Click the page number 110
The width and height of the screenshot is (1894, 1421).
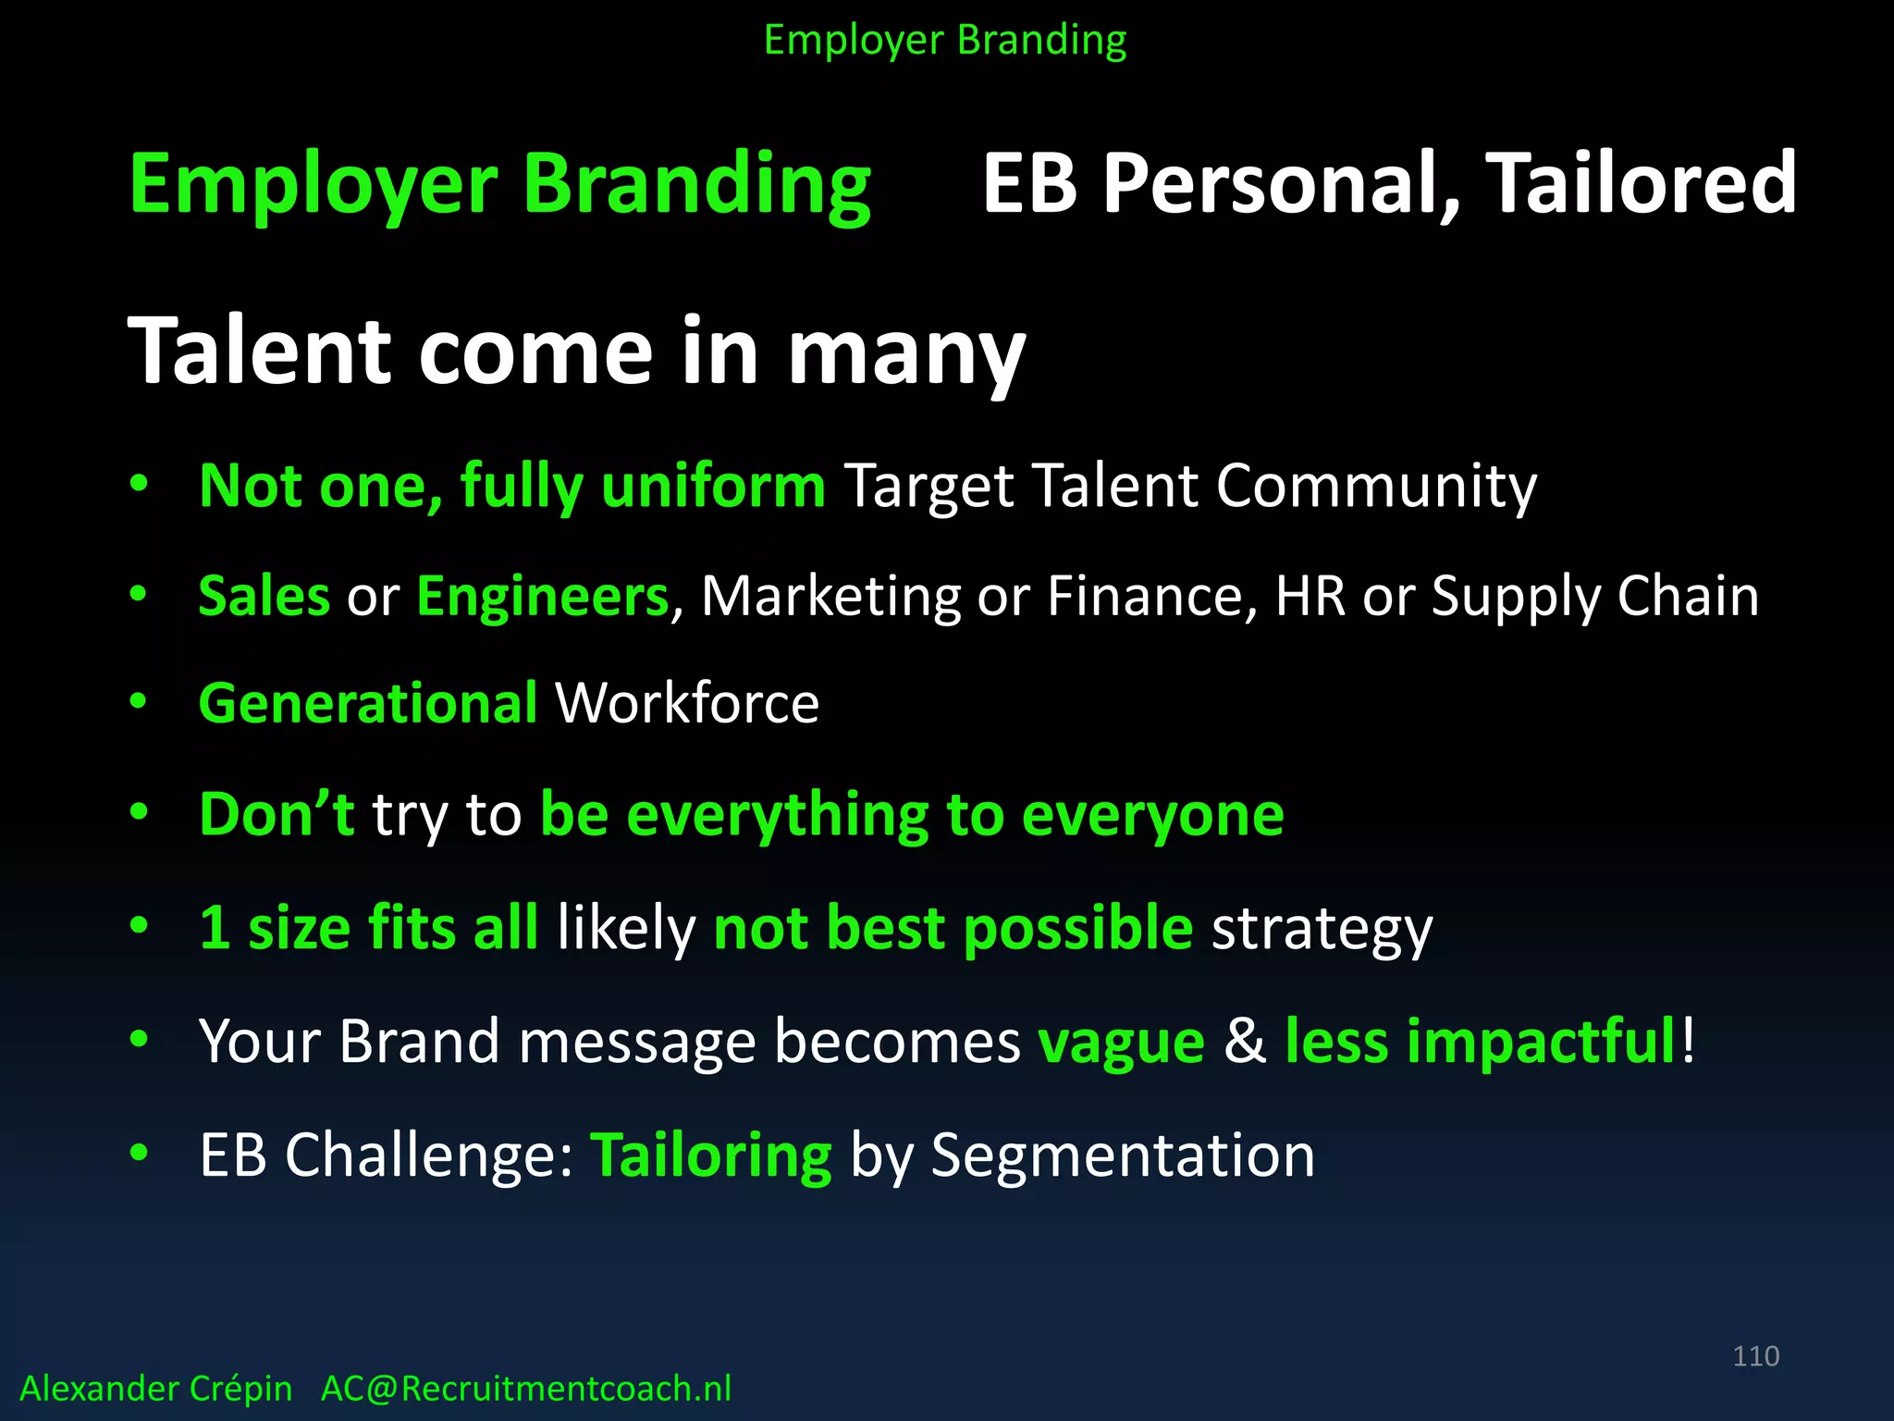[x=1755, y=1356]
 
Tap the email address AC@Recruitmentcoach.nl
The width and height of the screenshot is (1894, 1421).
[x=525, y=1389]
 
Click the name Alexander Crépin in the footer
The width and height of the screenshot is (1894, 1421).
[x=155, y=1389]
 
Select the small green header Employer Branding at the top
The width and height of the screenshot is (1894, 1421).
[x=945, y=41]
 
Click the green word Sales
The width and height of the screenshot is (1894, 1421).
[x=264, y=596]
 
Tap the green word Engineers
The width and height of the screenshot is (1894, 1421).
[x=542, y=598]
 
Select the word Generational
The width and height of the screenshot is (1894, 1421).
[x=368, y=704]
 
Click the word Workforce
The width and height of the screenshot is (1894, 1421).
[x=686, y=704]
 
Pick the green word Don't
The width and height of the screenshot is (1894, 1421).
[x=277, y=814]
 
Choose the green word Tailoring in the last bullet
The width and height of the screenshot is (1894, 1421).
[x=710, y=1156]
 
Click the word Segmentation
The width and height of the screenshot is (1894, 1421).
[x=1122, y=1156]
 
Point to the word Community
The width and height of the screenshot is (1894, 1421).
[x=1375, y=487]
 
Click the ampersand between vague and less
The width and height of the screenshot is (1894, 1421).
[x=1245, y=1042]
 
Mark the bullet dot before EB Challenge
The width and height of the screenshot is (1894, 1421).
[x=139, y=1153]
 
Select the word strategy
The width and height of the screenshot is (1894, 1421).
[x=1322, y=929]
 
